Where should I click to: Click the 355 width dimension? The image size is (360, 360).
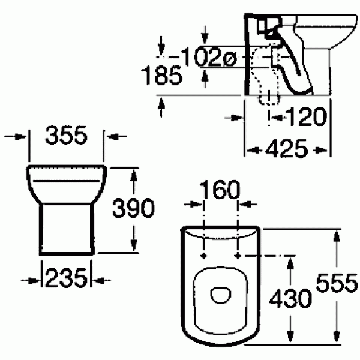click(67, 137)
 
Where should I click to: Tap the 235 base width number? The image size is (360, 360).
click(65, 278)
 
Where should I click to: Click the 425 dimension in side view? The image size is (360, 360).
click(288, 148)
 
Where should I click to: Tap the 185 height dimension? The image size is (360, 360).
click(161, 76)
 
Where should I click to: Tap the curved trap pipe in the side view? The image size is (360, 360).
click(294, 66)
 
